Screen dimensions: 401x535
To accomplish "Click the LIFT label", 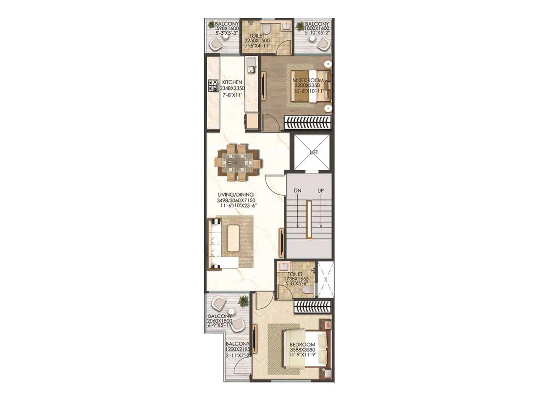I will (x=314, y=152).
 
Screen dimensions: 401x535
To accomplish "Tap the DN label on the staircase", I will (x=297, y=190).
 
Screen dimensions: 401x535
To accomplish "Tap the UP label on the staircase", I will (x=321, y=190).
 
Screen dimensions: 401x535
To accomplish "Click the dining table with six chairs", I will (x=238, y=163).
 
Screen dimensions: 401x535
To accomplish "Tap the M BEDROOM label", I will (x=308, y=81).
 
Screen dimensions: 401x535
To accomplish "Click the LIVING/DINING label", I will (x=235, y=194).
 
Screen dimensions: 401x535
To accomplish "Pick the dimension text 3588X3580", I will (x=302, y=350).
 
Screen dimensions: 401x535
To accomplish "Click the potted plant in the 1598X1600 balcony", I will (x=211, y=24).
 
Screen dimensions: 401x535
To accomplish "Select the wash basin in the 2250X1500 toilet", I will (x=286, y=26).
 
